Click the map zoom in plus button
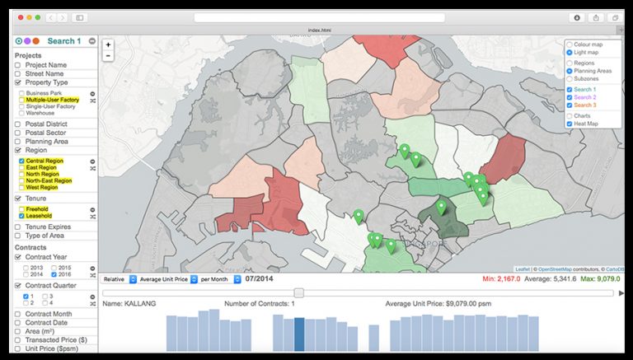point(108,45)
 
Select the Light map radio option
point(570,52)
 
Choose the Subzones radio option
point(570,78)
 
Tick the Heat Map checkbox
point(570,124)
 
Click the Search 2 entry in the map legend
point(588,97)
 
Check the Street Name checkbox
point(18,73)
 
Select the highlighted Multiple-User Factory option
point(52,100)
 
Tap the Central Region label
point(44,161)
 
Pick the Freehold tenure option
point(37,209)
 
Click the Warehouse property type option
point(40,113)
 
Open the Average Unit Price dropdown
point(164,279)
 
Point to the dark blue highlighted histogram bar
point(299,334)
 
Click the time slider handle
point(299,292)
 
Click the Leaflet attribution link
point(523,269)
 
